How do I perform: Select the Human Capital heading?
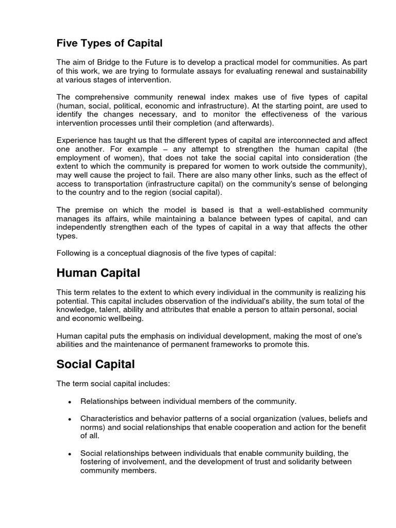[98, 272]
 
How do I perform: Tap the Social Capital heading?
[95, 364]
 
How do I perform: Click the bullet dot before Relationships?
[69, 402]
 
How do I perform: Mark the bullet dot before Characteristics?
[69, 419]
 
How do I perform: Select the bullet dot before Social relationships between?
[69, 454]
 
